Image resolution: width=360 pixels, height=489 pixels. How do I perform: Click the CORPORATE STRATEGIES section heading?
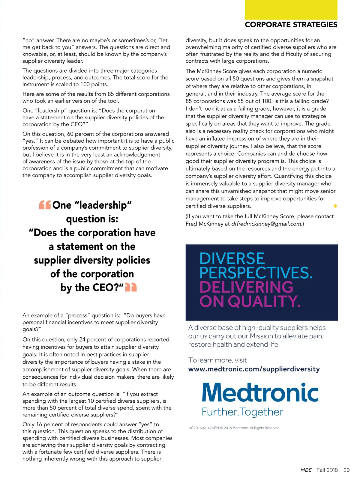291,25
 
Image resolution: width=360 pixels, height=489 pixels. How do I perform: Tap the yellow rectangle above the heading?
291,10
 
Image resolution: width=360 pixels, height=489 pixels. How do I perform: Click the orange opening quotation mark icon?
45,205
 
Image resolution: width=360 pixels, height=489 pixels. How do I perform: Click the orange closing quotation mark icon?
131,287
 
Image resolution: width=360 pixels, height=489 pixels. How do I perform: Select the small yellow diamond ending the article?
335,206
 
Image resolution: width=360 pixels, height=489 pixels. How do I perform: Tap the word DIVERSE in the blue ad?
232,258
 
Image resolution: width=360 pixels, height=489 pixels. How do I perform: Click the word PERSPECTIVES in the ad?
256,273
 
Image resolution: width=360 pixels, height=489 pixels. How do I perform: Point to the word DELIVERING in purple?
246,287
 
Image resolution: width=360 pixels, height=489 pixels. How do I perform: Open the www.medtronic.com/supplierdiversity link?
254,369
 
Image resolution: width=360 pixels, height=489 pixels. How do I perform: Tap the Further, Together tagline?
242,412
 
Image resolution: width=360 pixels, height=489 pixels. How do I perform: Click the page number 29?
346,470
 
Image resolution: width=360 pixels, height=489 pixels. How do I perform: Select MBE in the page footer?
306,470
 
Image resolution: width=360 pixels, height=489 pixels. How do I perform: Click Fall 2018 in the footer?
327,470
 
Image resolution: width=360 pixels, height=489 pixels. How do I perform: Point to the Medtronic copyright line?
234,428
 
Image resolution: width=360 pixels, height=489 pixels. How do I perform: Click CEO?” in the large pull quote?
107,288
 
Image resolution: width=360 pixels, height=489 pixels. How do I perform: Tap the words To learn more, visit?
217,360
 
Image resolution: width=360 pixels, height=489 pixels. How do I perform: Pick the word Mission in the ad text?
261,336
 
